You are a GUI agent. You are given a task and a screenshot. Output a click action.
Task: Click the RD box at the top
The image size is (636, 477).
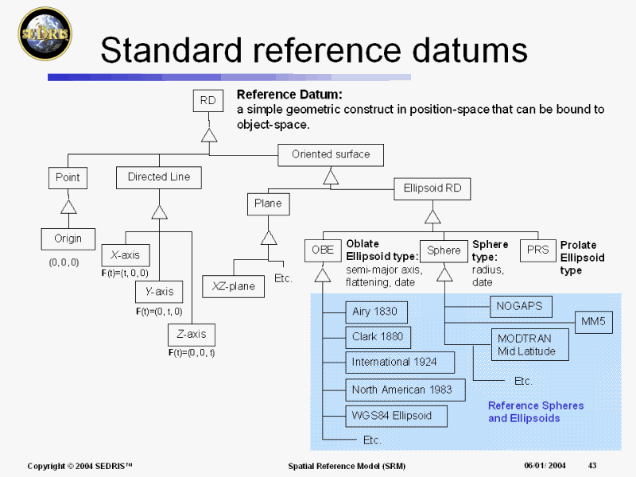pos(208,101)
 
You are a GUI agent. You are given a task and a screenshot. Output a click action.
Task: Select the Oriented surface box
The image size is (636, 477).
pos(331,154)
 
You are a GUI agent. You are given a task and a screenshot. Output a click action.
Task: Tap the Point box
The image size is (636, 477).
pos(68,177)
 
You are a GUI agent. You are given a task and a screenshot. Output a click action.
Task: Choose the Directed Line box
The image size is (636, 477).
pos(159,177)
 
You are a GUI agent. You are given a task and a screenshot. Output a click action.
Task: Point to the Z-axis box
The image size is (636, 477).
pos(192,335)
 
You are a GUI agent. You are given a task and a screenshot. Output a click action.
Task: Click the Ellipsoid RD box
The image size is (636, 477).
pos(432,189)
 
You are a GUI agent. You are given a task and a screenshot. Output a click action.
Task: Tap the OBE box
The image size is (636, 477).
pos(322,250)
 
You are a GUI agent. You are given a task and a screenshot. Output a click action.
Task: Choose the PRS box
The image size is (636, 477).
pos(538,250)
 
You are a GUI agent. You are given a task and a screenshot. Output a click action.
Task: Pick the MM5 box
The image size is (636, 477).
pos(593,321)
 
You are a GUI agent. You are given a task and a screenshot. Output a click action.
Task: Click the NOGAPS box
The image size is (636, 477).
pos(518,305)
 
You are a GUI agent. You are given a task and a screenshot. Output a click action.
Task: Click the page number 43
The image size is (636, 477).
pos(592,465)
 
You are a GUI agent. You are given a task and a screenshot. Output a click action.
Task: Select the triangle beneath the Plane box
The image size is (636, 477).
pos(269,236)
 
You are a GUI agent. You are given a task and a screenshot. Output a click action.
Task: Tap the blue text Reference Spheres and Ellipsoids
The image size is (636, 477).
pos(535,412)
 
